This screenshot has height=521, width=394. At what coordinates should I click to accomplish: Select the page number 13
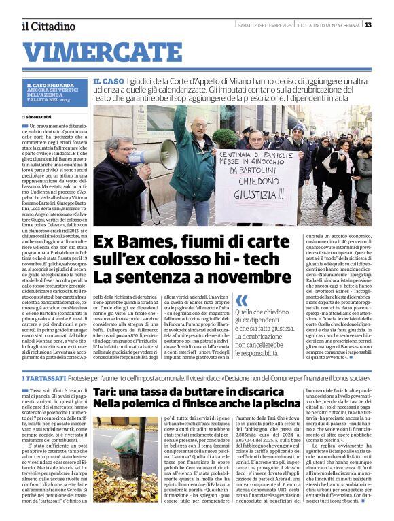pyautogui.click(x=368, y=25)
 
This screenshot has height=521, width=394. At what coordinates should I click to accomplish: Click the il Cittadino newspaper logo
pyautogui.click(x=48, y=26)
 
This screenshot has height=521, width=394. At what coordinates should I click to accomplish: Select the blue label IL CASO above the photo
pyautogui.click(x=109, y=81)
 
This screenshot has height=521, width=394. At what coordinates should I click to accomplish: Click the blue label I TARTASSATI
pyautogui.click(x=44, y=377)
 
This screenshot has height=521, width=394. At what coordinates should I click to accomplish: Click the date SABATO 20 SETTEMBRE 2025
pyautogui.click(x=264, y=25)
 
